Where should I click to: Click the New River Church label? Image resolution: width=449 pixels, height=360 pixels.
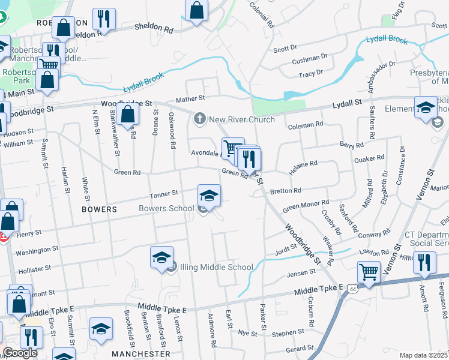pos(241,119)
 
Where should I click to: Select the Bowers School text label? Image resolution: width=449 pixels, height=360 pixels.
pos(166,209)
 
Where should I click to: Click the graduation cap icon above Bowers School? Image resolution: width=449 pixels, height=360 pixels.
pos(209,196)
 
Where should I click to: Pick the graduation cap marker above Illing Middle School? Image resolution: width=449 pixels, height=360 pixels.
pos(161,257)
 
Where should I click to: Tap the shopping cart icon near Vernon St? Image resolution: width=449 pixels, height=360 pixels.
pos(369,272)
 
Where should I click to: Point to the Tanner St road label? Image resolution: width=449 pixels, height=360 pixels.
pos(164,194)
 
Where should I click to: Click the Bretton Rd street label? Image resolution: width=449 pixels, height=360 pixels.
pos(285,191)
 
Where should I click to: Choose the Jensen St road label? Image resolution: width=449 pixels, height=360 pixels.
pos(301,272)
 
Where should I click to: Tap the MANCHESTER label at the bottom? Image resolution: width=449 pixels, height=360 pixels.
pos(146,354)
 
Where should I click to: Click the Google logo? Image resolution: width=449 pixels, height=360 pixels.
pos(20,353)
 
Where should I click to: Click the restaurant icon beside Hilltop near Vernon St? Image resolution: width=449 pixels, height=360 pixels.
pos(424,263)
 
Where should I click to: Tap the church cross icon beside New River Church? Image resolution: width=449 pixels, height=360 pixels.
pos(200,119)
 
